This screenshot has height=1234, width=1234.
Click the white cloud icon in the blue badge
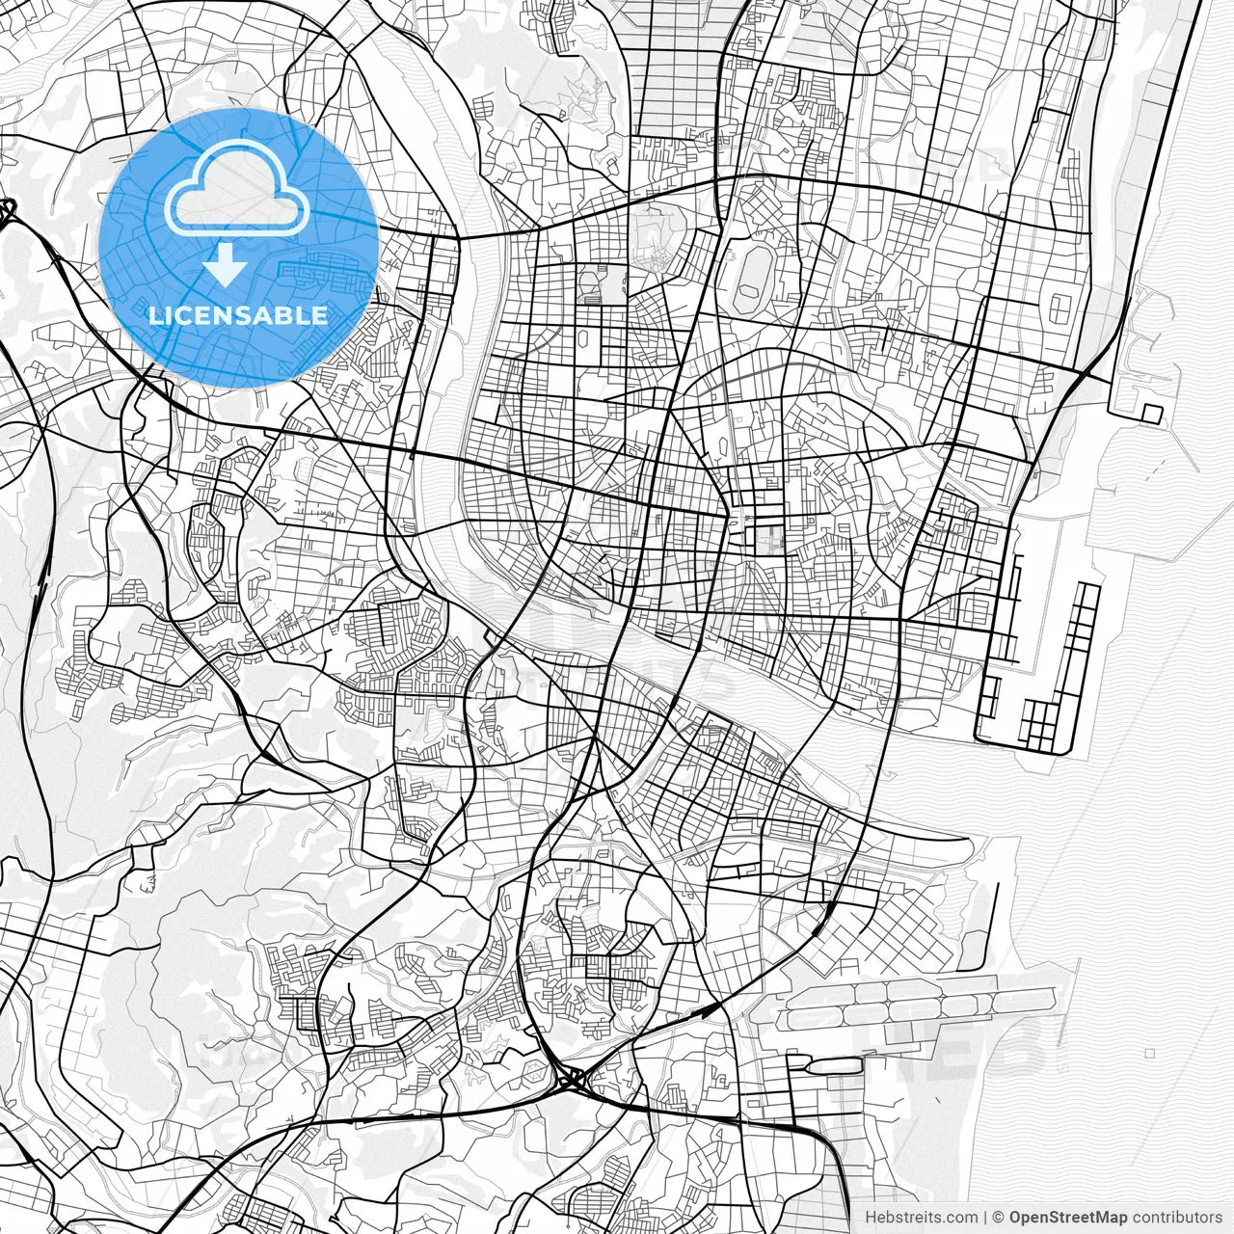237,189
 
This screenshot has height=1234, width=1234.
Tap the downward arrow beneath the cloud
226,264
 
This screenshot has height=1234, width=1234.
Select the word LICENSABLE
237,315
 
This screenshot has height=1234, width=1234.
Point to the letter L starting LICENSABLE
153,315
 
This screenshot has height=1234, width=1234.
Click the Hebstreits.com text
921,1218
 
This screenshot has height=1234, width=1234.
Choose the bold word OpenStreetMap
1068,1218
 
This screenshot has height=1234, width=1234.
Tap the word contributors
1176,1218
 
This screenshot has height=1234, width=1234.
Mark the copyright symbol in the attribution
999,1218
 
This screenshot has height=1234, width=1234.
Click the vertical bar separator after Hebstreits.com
985,1218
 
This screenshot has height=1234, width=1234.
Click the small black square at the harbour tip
1152,413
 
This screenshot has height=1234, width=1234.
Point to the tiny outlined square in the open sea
1150,1054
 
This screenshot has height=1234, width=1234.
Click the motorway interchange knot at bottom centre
571,1077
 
